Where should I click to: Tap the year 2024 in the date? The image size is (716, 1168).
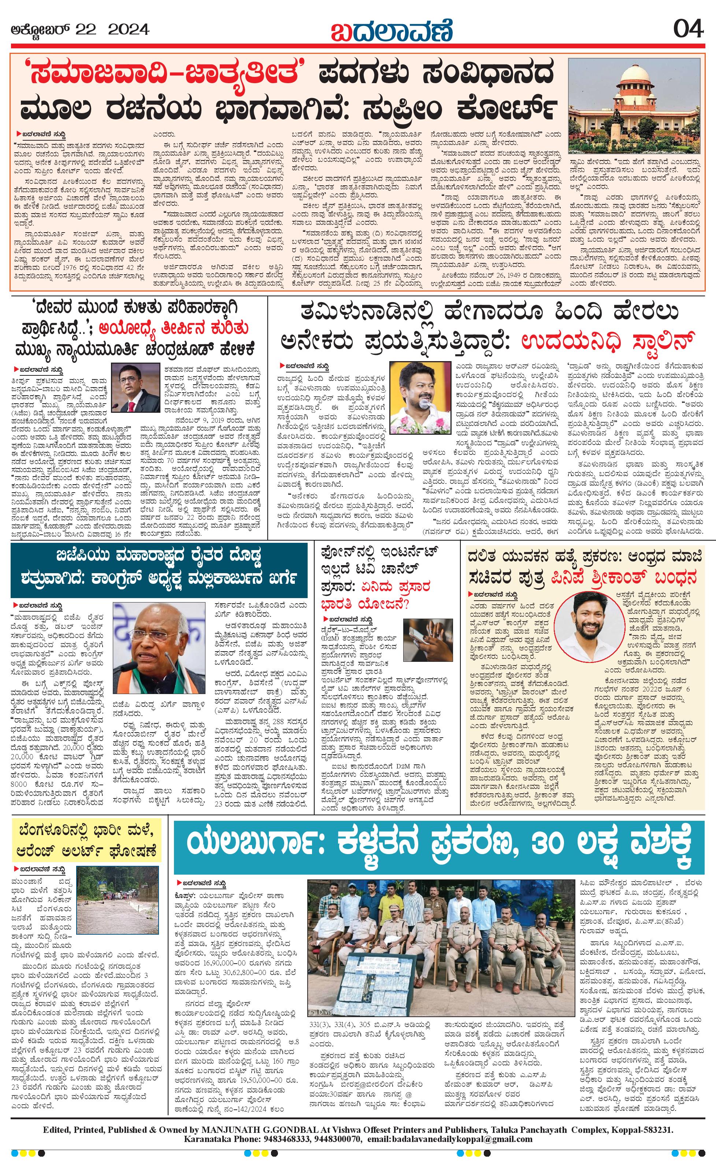pos(129,30)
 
